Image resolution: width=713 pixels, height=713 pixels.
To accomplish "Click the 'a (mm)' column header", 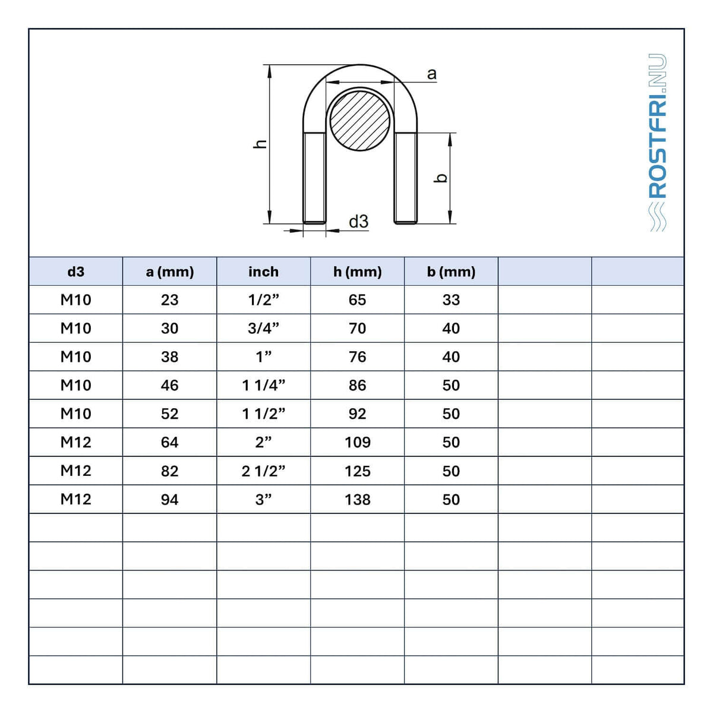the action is tap(170, 272).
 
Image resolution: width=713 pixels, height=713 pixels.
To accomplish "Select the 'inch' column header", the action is tap(263, 272).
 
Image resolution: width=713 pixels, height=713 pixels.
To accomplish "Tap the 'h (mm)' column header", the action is tap(358, 272).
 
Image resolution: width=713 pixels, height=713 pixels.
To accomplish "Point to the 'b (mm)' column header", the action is tap(451, 272).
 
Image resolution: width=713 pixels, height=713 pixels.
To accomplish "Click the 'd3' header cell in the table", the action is tap(76, 272).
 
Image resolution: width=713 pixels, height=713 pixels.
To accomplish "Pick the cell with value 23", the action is tap(170, 299).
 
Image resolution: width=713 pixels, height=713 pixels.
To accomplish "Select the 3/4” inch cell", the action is tap(263, 328).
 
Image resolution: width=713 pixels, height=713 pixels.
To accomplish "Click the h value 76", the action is tap(358, 356).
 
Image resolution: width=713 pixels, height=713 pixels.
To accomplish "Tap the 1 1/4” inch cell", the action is tap(263, 385).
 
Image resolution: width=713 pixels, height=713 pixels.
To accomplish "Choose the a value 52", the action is tap(170, 414).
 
